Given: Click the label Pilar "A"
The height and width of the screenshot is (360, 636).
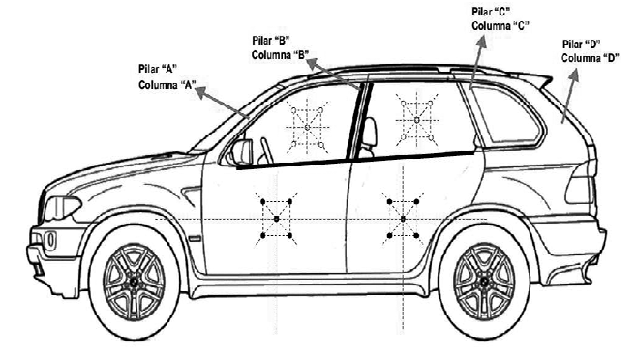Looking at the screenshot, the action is point(159,69).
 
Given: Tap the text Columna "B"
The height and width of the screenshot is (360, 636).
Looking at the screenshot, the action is point(281,55).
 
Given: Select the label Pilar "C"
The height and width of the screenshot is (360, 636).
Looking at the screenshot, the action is point(491,12).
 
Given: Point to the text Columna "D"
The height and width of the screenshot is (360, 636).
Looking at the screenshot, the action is point(591,58).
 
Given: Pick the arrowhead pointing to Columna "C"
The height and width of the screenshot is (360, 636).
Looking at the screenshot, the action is point(482,43).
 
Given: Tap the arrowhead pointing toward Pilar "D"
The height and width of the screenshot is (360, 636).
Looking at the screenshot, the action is point(574,75).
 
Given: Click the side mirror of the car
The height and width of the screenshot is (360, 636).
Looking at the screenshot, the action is point(242,153).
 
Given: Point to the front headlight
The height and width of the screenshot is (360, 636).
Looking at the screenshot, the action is point(62,207).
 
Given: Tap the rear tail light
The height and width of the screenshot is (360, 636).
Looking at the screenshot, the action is point(581,190).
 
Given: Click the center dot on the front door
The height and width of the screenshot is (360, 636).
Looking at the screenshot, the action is point(277,219).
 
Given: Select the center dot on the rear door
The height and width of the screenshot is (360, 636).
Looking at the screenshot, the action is point(403,219).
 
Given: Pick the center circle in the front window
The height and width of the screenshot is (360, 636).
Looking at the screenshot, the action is point(307,128).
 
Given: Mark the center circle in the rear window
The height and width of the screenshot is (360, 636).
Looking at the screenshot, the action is point(417,120).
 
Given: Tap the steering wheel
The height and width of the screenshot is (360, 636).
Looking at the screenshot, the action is point(266,150).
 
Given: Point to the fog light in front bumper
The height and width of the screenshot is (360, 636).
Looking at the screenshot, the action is point(50,240).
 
